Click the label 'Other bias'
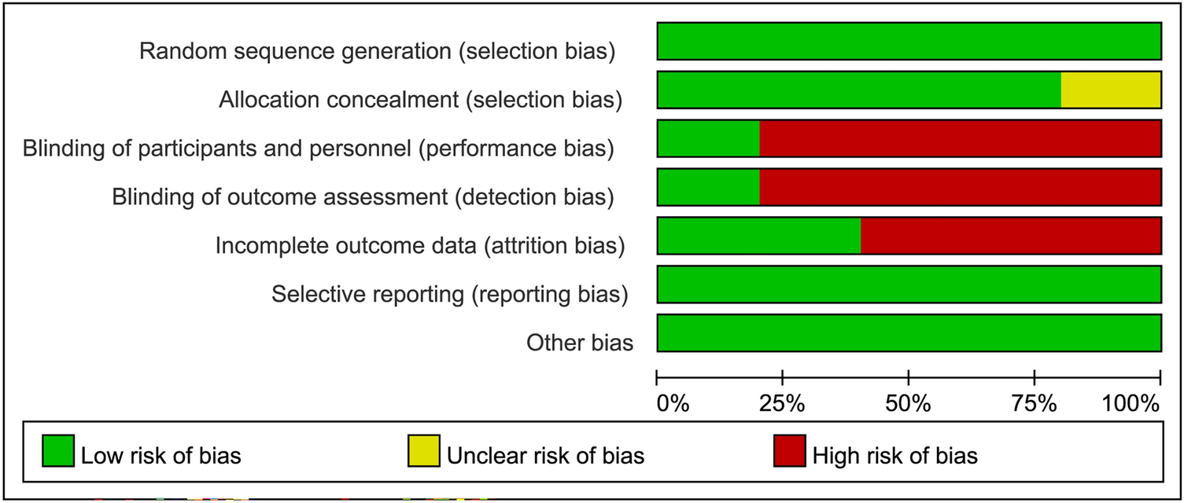580,343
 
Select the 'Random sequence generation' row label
377,52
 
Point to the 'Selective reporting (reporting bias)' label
449,295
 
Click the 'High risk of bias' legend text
895,456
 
